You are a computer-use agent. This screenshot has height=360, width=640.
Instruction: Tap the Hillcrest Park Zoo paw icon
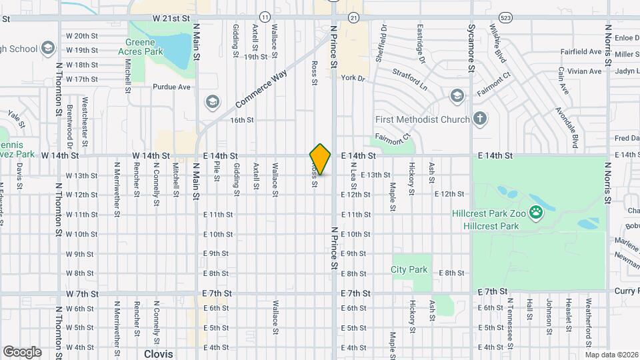pyautogui.click(x=536, y=213)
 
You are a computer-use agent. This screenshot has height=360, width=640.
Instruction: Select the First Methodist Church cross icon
pyautogui.click(x=479, y=119)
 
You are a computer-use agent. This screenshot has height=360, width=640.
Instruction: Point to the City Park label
pyautogui.click(x=409, y=270)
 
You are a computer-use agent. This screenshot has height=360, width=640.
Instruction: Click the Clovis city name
pyautogui.click(x=159, y=354)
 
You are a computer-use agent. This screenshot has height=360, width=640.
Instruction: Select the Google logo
pyautogui.click(x=22, y=352)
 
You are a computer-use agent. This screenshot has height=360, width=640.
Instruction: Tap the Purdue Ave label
pyautogui.click(x=172, y=87)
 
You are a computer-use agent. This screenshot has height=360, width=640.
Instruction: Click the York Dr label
pyautogui.click(x=353, y=78)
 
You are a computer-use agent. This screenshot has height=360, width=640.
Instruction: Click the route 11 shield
pyautogui.click(x=265, y=16)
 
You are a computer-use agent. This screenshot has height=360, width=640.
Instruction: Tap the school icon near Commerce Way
pyautogui.click(x=212, y=101)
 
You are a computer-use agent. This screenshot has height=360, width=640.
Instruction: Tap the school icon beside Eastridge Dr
pyautogui.click(x=457, y=95)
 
